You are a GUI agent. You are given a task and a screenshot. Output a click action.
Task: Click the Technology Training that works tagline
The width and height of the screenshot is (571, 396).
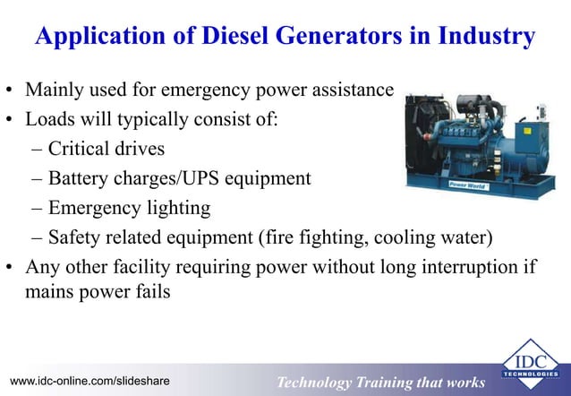coord(380,383)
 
